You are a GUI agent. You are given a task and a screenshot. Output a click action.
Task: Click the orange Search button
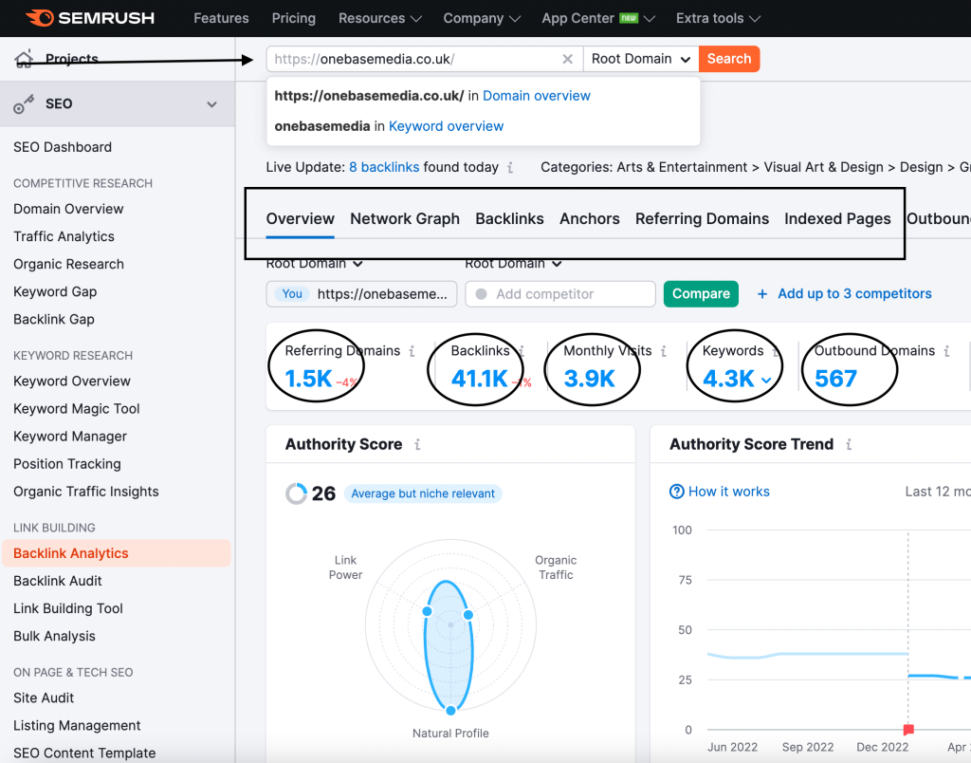[729, 59]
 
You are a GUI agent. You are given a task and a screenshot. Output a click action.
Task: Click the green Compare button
[701, 294]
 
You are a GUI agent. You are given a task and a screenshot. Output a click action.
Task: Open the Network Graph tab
[405, 219]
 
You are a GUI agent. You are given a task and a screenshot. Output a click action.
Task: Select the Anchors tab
[590, 219]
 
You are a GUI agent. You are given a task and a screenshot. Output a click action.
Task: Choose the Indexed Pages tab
[837, 219]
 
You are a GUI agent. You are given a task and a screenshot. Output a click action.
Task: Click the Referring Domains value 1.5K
[309, 379]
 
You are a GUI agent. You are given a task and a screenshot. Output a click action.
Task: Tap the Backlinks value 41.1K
[480, 379]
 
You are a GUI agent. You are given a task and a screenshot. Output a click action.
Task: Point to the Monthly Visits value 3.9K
[590, 379]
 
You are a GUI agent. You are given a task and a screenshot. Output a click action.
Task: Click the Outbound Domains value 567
[835, 379]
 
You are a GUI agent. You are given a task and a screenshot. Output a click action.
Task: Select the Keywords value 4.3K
[729, 379]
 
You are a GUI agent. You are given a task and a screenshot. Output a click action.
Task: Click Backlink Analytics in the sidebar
[71, 553]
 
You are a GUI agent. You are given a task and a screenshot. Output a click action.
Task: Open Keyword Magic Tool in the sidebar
[77, 409]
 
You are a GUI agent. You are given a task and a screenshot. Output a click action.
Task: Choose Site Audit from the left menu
[44, 698]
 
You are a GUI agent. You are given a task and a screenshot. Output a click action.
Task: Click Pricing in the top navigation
[294, 18]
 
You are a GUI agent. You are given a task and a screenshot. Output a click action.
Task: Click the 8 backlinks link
[384, 167]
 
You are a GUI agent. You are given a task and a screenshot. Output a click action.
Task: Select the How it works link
[728, 492]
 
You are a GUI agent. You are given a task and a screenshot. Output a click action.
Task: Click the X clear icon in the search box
[567, 59]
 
